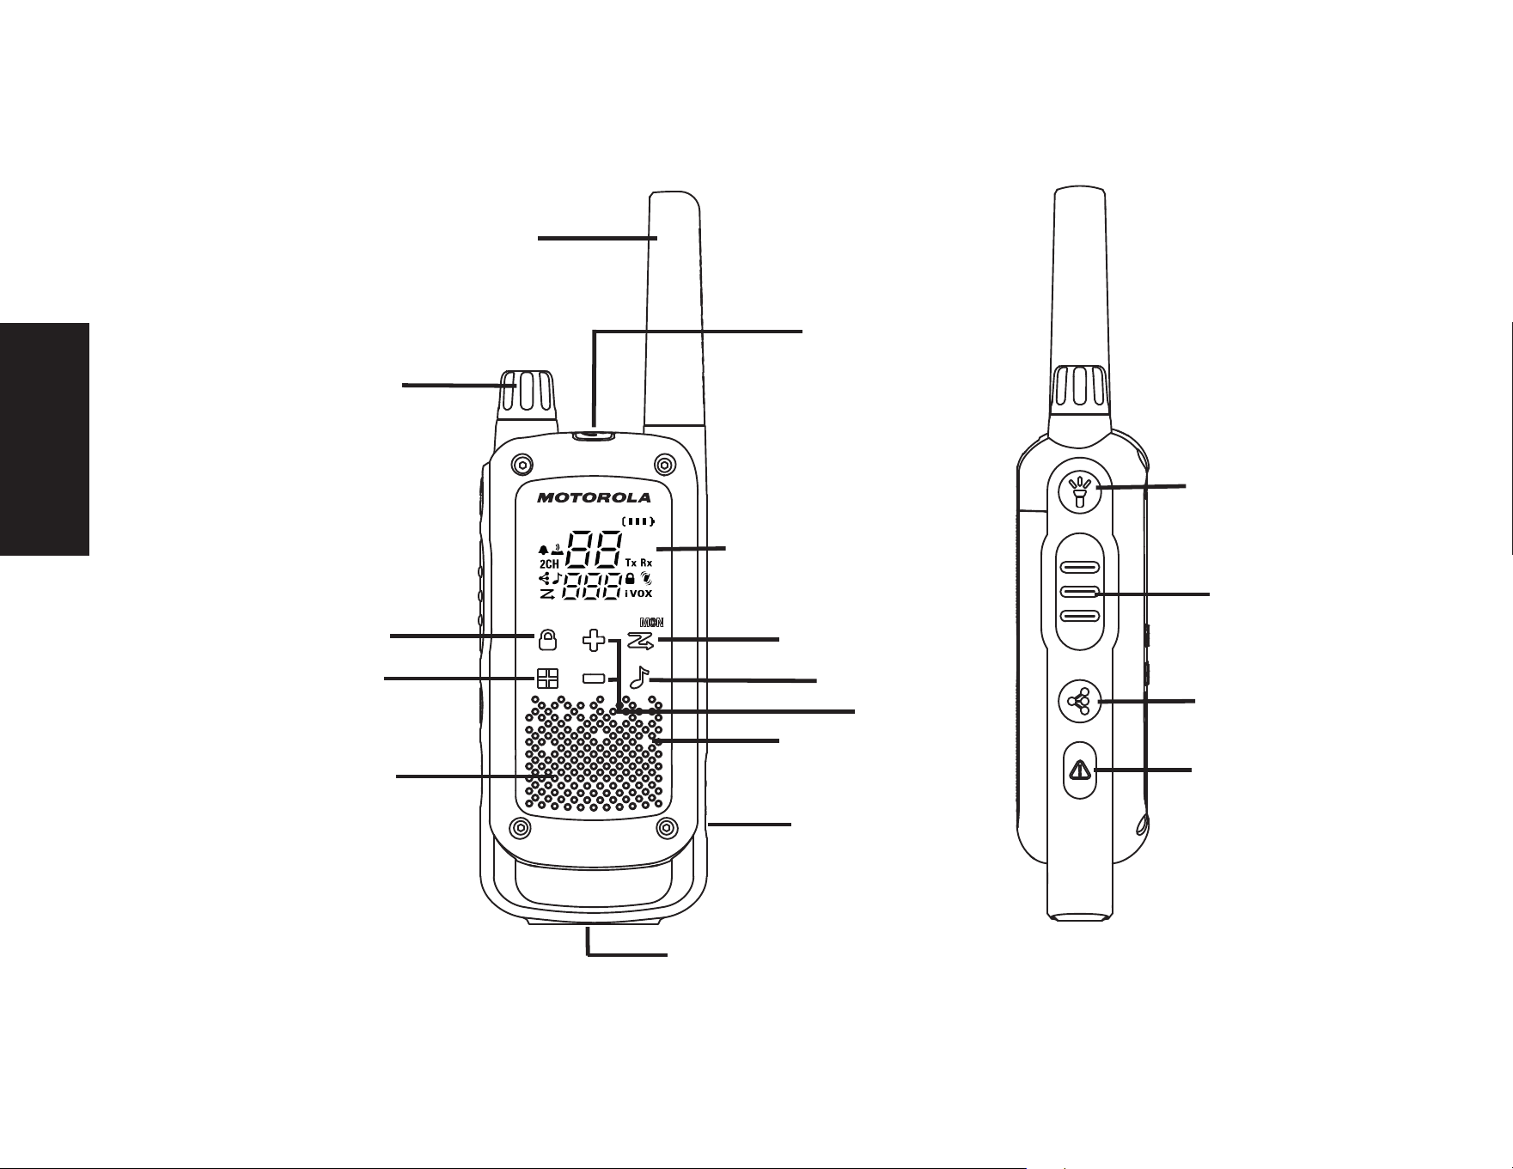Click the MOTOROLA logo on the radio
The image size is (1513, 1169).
click(595, 497)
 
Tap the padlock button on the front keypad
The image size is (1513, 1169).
click(547, 640)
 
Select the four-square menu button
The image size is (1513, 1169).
click(547, 679)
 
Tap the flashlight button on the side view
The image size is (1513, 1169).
click(1081, 491)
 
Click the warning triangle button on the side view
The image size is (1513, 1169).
click(1079, 770)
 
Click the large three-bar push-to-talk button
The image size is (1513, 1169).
click(1081, 593)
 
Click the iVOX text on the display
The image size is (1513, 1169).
click(638, 593)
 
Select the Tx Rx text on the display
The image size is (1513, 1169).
click(638, 563)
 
